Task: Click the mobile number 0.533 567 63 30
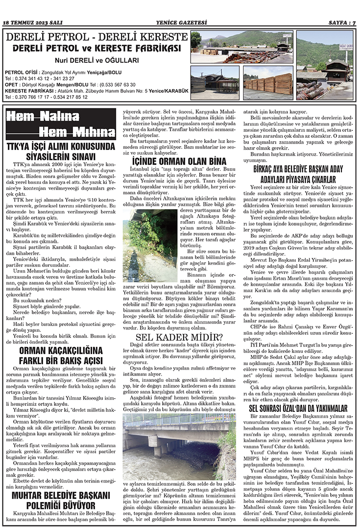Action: point(121,84)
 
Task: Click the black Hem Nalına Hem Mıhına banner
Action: point(60,124)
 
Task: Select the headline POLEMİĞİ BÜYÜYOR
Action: point(61,504)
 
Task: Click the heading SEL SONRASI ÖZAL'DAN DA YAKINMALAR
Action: point(298,407)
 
